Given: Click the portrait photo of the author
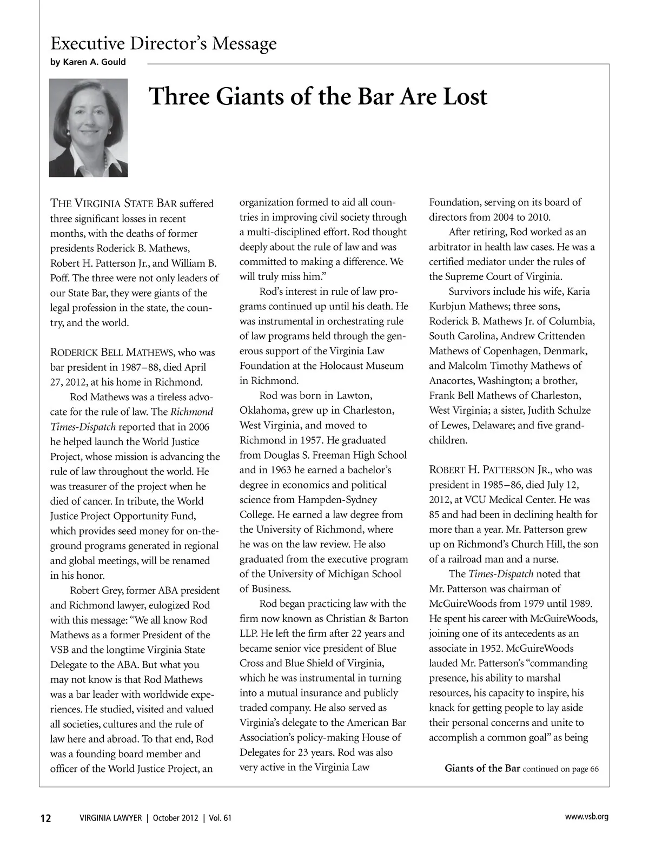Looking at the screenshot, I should tap(89, 128).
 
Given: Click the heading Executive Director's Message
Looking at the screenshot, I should tap(163, 43).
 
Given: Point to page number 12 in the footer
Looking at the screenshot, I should tap(45, 818).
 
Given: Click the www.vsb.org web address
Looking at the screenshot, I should tap(586, 817).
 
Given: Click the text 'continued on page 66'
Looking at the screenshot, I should tap(561, 769).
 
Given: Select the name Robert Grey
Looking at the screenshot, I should tap(96, 590).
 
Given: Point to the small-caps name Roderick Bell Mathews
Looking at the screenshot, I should tap(112, 353).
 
